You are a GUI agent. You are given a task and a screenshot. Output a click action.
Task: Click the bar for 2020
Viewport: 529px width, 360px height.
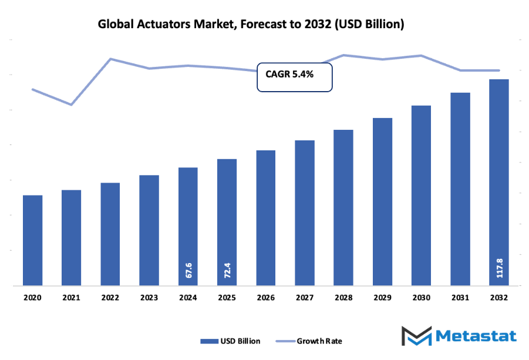(33, 241)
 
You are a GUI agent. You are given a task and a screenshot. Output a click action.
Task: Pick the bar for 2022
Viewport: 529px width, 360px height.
(110, 234)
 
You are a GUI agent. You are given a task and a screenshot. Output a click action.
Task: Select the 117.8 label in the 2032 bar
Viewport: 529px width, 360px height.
(500, 267)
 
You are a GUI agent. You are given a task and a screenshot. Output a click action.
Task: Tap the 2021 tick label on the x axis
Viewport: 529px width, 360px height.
(71, 298)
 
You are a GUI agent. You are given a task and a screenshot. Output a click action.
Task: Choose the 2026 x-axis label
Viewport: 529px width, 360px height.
(266, 298)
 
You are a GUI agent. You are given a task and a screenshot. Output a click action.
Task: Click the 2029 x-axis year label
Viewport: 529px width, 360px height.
(383, 298)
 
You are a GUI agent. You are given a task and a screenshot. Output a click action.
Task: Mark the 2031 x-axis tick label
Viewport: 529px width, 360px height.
(460, 298)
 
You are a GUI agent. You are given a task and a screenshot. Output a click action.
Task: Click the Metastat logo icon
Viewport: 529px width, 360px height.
(416, 336)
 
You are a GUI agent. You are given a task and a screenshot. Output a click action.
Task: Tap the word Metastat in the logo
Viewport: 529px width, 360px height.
(476, 336)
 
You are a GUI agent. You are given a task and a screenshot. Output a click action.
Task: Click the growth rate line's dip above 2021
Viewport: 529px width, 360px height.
(71, 105)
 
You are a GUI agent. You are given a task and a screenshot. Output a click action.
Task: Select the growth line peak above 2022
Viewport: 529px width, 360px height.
(110, 59)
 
